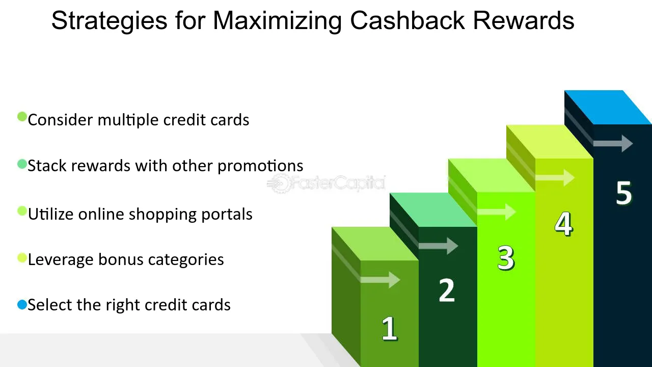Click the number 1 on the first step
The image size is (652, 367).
[390, 328]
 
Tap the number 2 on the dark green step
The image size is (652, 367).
[447, 291]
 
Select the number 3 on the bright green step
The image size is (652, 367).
[506, 257]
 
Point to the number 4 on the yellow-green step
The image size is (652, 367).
[563, 224]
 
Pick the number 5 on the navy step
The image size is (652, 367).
[624, 193]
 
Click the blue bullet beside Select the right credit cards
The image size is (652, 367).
[22, 305]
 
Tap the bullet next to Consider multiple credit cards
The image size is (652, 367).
[22, 117]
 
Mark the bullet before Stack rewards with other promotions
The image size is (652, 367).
[22, 164]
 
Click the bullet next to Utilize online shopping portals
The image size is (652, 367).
[22, 211]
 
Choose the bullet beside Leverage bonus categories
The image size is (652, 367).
[22, 258]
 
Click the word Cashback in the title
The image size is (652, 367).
[407, 20]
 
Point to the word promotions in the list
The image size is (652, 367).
[260, 166]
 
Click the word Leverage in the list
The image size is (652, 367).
[61, 259]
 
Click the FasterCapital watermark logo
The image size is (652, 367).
[326, 183]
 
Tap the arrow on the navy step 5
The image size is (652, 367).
[613, 143]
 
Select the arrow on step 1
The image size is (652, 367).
[380, 280]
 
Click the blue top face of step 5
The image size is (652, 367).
[608, 108]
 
